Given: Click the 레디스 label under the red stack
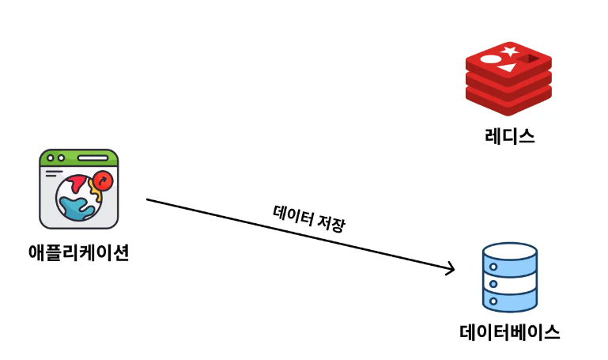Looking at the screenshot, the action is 509,136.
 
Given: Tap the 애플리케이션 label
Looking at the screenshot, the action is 78,253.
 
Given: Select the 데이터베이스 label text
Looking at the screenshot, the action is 509,332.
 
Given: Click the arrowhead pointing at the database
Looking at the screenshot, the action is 451,270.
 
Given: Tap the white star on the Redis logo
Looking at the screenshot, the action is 509,51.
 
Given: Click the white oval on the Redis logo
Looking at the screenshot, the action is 490,59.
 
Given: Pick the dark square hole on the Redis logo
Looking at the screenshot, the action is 527,59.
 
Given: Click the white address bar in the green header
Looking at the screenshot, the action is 94,158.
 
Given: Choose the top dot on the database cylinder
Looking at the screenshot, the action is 493,267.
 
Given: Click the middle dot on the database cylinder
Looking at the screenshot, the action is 493,284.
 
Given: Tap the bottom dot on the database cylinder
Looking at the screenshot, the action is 493,301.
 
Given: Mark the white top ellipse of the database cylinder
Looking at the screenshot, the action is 509,252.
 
